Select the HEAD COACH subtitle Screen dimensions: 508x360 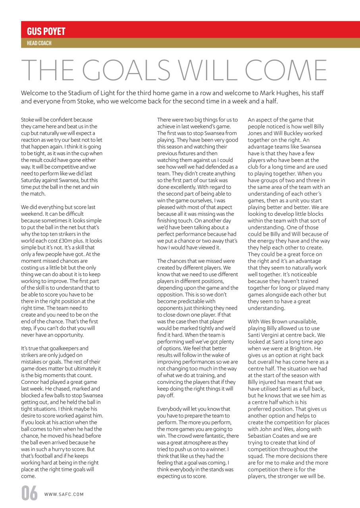39,43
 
